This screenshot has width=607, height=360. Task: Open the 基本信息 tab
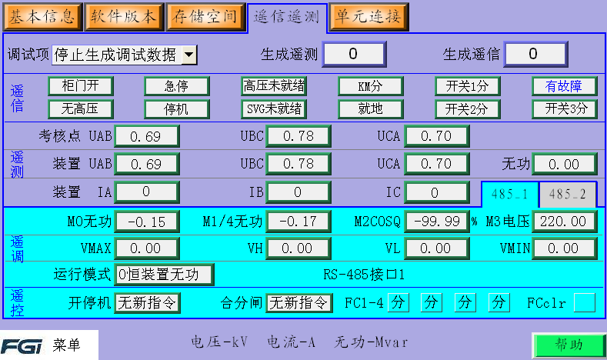coord(42,15)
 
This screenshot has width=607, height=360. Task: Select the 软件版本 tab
coord(123,15)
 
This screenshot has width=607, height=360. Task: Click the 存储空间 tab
coord(204,15)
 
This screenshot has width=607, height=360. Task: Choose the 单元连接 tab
coord(369,15)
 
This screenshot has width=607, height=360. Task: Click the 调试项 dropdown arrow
coord(189,55)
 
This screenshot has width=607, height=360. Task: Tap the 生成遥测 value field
coord(352,54)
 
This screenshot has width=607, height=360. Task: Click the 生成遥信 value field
coord(536,54)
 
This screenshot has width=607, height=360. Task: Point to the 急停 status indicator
coord(177,85)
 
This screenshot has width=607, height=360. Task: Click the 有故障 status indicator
coord(565,85)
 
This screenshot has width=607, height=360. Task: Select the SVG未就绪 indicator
coord(274,108)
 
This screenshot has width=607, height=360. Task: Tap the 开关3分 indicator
coord(565,108)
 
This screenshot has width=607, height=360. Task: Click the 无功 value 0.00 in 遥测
coord(565,164)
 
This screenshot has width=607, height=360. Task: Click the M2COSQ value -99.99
coord(436,222)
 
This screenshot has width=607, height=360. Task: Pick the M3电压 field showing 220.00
coord(565,222)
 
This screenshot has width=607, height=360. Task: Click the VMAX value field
coord(146,248)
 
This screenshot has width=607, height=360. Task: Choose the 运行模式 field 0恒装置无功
coord(164,274)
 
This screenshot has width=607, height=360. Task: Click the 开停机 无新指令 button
coord(147,303)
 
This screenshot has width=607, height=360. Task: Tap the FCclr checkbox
coord(585,303)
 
